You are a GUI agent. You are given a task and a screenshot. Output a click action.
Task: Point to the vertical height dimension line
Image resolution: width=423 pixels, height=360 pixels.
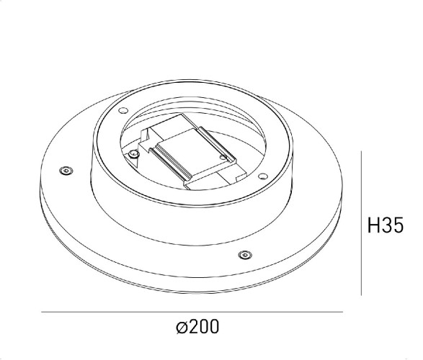[x=361, y=223]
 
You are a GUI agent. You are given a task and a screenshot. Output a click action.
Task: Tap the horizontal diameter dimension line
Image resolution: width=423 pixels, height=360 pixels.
[x=191, y=312]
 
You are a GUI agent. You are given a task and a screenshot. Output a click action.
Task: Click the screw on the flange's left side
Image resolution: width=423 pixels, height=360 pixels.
[x=66, y=170]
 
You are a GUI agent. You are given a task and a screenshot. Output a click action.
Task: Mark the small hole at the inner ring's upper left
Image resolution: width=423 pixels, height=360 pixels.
[x=123, y=110]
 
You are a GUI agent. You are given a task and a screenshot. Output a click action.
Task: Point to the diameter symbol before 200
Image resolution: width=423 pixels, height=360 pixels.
[x=182, y=328]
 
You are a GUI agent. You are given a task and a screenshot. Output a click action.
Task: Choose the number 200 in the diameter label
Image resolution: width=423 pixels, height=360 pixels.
[x=205, y=328]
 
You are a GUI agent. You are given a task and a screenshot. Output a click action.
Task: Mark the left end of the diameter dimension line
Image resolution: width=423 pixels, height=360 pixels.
[x=42, y=312]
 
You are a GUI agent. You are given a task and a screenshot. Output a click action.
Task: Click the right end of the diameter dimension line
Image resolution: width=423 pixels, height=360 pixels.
[x=342, y=312]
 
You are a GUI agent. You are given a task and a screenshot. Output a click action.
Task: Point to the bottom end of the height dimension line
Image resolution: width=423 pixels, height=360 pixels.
[x=361, y=295]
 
